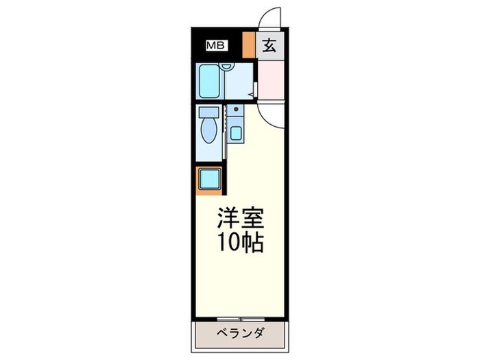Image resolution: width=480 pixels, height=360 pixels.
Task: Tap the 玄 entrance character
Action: click(269, 46)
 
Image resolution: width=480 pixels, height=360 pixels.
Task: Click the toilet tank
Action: click(208, 112)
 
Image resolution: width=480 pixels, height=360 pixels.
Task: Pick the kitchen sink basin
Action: click(236, 133)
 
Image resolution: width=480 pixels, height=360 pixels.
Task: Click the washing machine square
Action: click(209, 180)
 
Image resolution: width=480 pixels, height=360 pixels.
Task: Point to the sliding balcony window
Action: click(240, 319)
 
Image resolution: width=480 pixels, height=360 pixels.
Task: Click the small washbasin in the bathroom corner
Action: click(228, 67)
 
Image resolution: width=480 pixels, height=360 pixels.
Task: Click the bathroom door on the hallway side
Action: click(255, 89)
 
